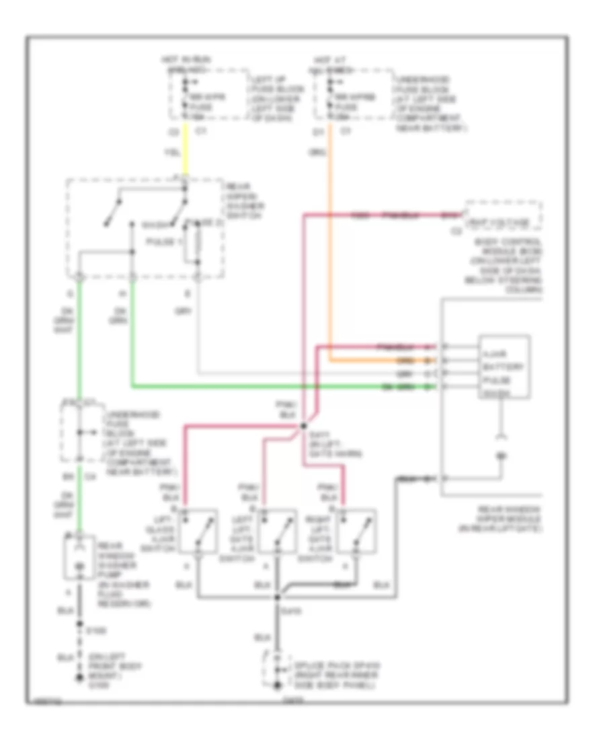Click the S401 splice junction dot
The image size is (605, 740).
click(302, 425)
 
